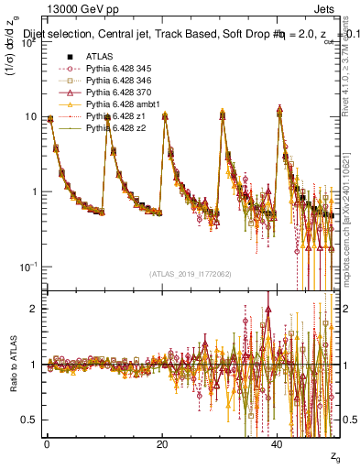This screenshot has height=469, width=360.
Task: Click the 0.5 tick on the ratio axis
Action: pos(30,420)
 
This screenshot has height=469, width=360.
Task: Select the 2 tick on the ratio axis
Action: pos(35,309)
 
